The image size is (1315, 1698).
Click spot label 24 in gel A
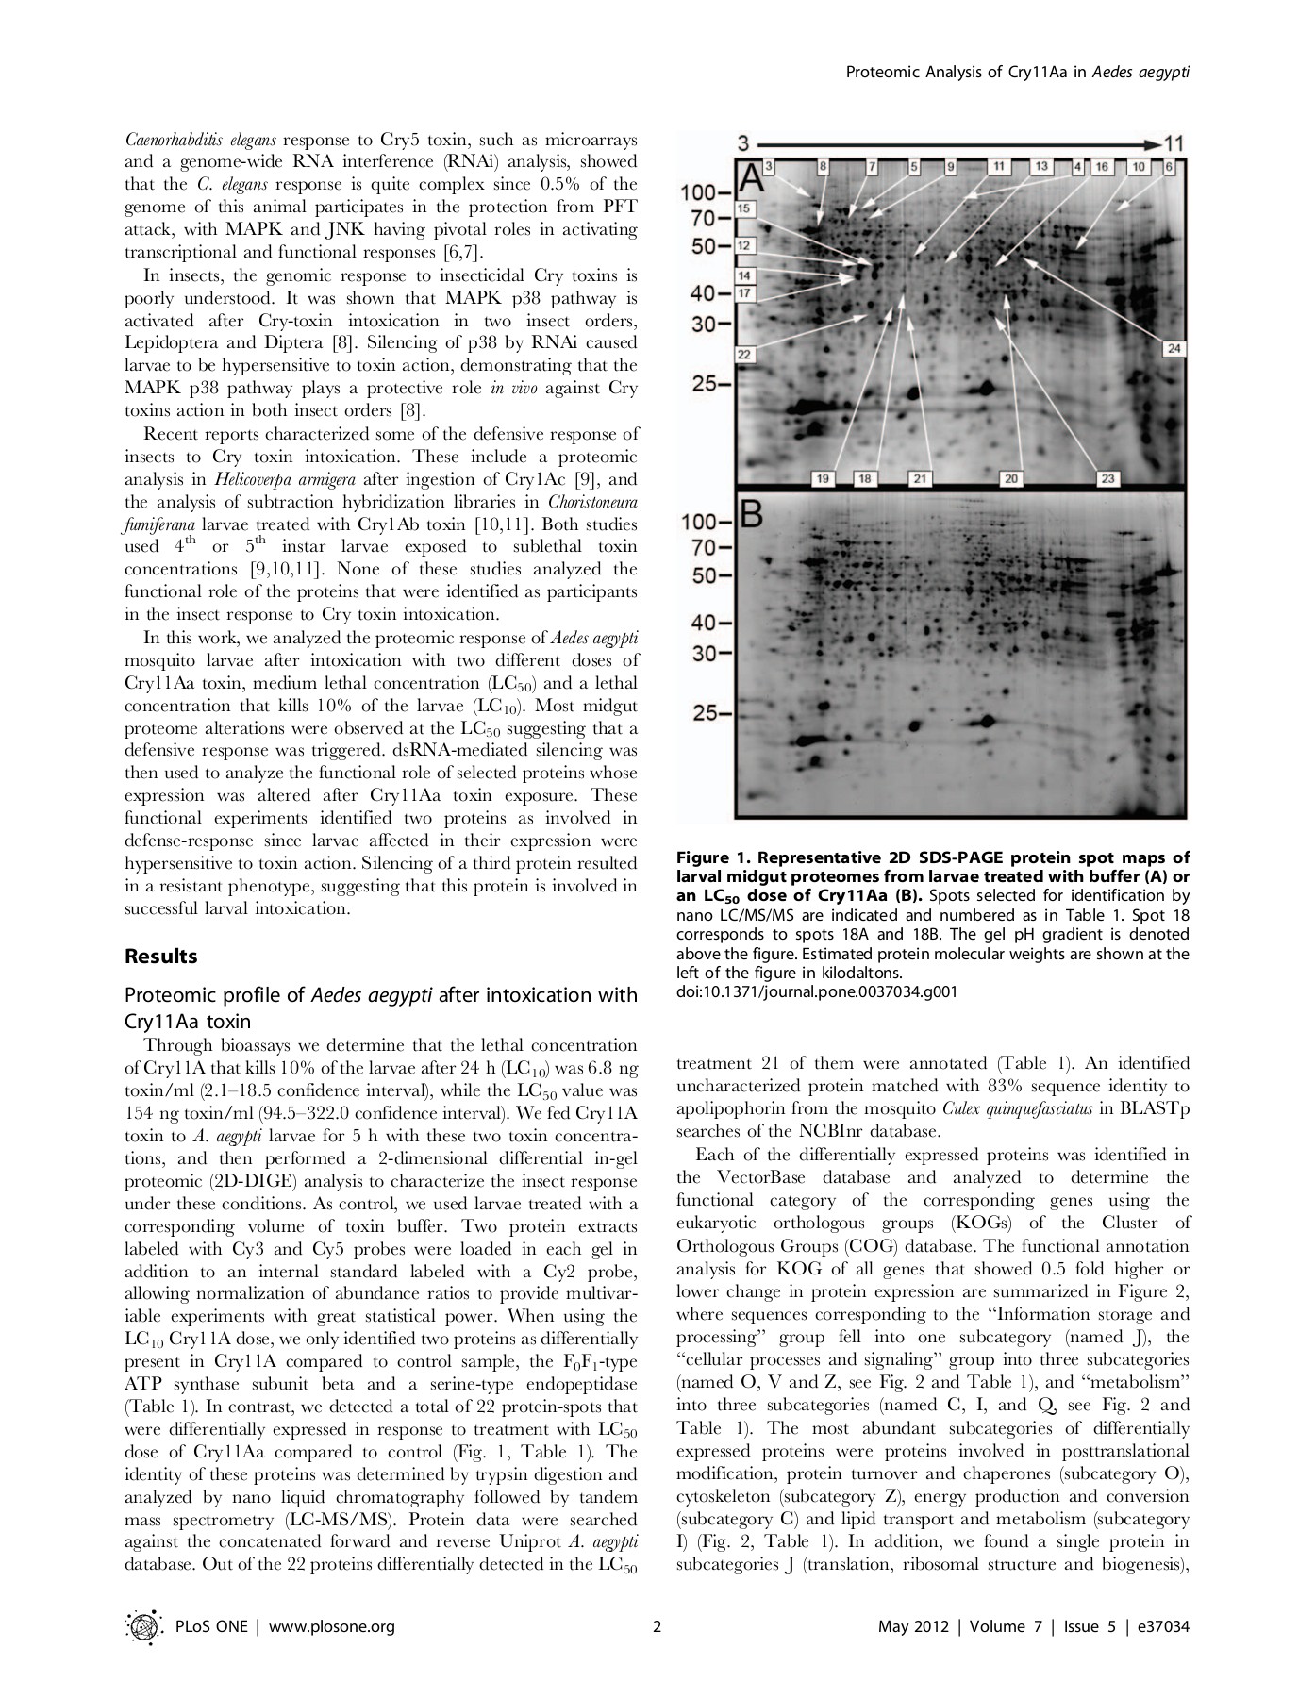click(1174, 349)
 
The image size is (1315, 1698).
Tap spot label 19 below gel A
click(822, 479)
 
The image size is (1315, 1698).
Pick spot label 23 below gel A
click(1108, 479)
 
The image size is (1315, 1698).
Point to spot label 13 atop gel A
click(1041, 167)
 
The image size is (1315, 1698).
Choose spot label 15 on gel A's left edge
click(744, 208)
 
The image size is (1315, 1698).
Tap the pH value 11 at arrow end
click(1173, 143)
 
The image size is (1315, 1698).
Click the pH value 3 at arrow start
click(742, 143)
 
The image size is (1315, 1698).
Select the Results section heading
click(161, 956)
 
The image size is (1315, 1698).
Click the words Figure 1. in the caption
click(711, 857)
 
